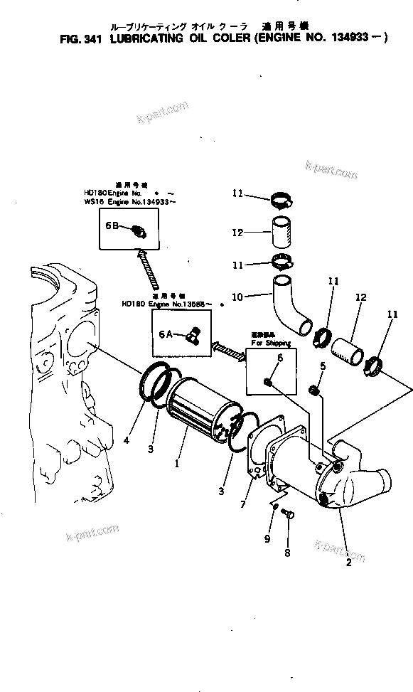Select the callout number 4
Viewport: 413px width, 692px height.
pyautogui.click(x=126, y=440)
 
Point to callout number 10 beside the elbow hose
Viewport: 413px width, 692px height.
pyautogui.click(x=238, y=295)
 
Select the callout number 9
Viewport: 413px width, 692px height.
pyautogui.click(x=267, y=539)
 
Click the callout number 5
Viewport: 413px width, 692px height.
pyautogui.click(x=322, y=366)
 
